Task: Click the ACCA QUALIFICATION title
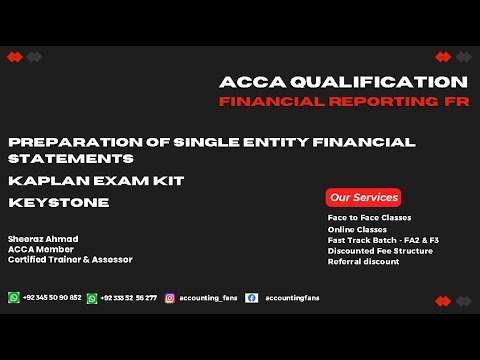[343, 82]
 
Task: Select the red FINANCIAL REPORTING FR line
[343, 102]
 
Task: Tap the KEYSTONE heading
[58, 203]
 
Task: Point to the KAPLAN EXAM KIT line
[96, 181]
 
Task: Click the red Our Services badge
[364, 197]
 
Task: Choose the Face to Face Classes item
[369, 218]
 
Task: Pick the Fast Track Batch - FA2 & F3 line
[383, 240]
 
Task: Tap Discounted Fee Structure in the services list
[380, 251]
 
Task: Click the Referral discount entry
[363, 262]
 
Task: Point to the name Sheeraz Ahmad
[43, 239]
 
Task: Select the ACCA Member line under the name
[40, 249]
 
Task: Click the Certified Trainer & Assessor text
[70, 259]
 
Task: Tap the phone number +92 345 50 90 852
[52, 298]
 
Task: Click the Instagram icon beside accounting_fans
[170, 298]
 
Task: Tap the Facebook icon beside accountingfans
[251, 298]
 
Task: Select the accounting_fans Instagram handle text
[208, 298]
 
